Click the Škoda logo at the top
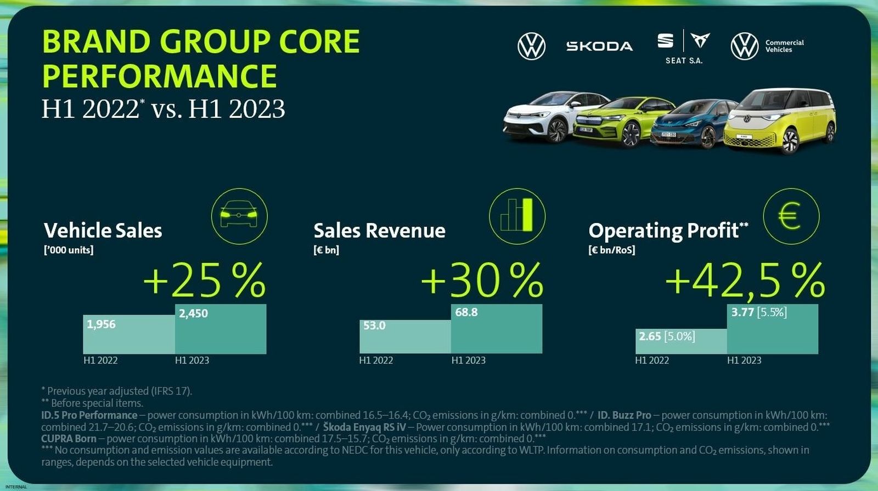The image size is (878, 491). (599, 46)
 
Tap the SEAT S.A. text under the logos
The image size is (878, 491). (684, 61)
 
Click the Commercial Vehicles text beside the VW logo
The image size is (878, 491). (784, 46)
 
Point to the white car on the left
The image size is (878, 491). (549, 118)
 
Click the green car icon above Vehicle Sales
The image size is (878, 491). (239, 216)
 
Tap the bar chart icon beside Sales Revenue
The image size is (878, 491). (517, 216)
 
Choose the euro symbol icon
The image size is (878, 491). (791, 216)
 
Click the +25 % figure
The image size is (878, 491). (205, 281)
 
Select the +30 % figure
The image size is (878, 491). (482, 281)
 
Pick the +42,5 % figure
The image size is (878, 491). (745, 281)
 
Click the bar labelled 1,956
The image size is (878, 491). (129, 334)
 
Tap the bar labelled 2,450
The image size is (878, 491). (221, 329)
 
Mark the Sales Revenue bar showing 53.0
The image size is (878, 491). (405, 336)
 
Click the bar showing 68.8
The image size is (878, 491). (497, 329)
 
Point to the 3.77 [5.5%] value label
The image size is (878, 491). (759, 312)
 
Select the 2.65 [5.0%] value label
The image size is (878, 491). (667, 336)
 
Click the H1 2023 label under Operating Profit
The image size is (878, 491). (744, 360)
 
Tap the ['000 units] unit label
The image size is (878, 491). (69, 250)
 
